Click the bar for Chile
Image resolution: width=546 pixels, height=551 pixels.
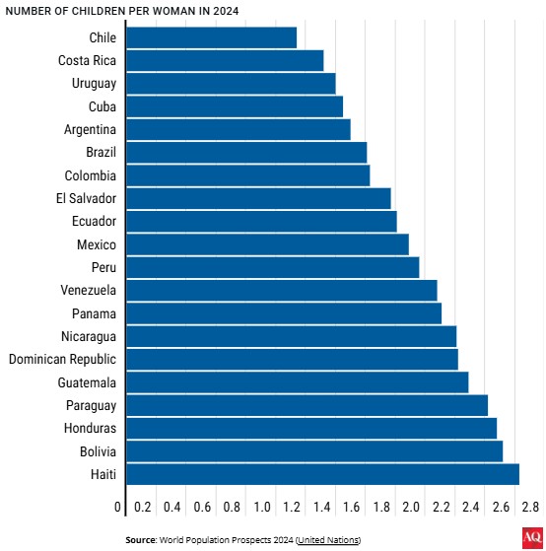212,37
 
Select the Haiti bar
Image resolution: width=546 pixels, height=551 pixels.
323,474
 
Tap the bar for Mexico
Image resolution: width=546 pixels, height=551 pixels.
268,244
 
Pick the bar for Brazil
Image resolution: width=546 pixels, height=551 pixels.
246,153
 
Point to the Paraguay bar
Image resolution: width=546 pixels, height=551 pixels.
307,405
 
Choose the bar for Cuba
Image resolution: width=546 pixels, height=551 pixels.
235,106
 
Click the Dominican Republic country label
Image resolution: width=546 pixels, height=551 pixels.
62,359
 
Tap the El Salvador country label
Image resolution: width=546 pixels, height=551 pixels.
86,198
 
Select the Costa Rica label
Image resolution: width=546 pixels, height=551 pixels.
87,60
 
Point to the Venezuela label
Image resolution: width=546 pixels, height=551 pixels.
88,290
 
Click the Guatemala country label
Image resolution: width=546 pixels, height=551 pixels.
87,382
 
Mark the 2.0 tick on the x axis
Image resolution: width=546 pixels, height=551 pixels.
411,507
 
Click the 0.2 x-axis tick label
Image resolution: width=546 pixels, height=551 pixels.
143,507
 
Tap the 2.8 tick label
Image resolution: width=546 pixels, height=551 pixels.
530,507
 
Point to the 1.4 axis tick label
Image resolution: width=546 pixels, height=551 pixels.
322,507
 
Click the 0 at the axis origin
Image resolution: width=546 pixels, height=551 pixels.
117,507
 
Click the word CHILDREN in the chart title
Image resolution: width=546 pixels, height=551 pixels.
94,11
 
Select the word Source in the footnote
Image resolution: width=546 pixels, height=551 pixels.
141,540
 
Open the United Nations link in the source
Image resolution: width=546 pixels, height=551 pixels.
328,540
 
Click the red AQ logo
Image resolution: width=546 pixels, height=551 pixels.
532,537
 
